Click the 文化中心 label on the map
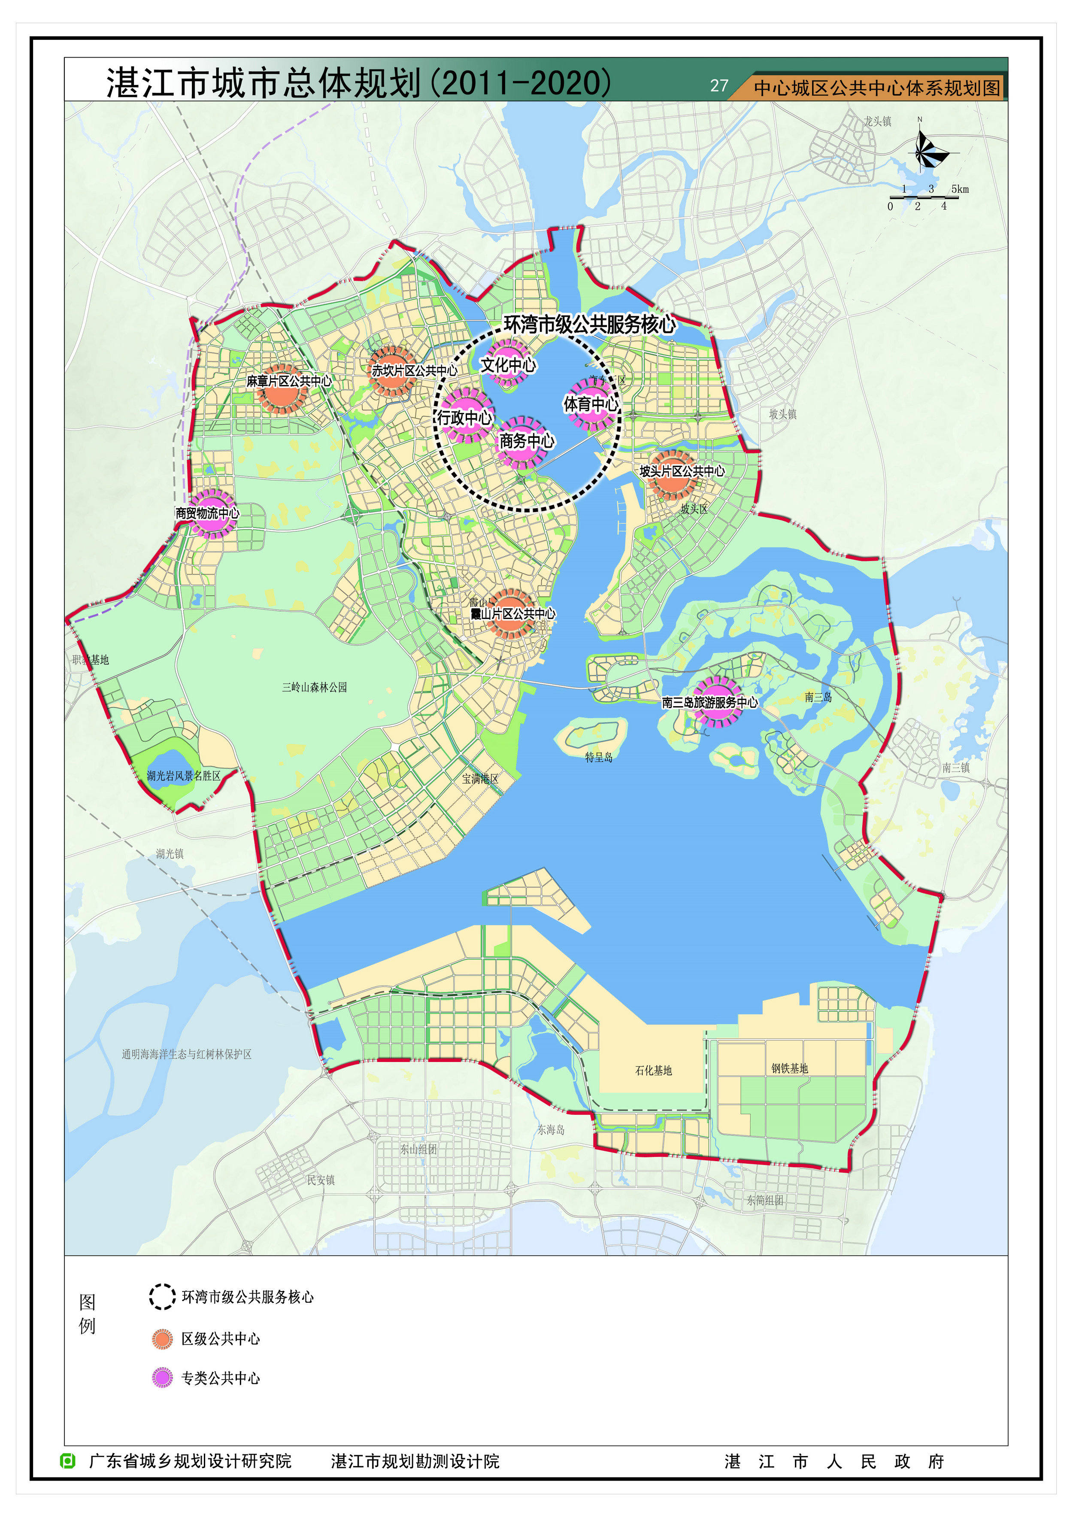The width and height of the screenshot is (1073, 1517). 508,365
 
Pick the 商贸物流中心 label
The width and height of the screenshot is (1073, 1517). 207,513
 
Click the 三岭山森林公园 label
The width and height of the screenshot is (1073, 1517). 315,687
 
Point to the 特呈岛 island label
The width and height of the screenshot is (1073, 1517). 599,757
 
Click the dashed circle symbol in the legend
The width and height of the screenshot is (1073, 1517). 162,1297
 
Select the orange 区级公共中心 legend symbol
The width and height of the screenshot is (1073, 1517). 162,1338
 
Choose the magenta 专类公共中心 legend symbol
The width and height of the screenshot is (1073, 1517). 162,1377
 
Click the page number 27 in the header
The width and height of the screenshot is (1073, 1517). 719,86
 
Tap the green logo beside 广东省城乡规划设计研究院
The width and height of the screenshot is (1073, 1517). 68,1461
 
